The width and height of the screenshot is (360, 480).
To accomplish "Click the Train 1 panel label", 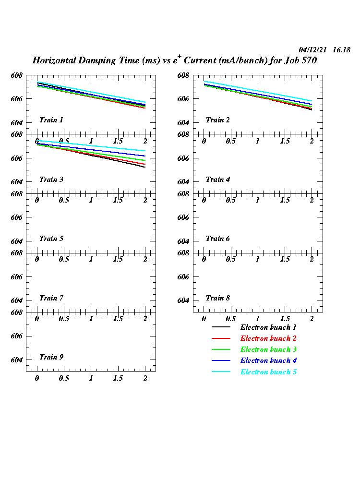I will click(51, 120).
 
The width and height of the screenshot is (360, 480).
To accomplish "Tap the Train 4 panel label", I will click(217, 180).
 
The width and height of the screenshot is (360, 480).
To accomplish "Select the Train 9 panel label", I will click(51, 357).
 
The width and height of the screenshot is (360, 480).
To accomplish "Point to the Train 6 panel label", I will click(217, 239).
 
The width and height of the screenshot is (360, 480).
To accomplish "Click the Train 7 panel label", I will click(51, 298).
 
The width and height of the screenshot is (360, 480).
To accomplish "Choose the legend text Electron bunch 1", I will click(268, 327).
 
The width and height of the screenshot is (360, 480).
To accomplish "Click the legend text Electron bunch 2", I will click(268, 338).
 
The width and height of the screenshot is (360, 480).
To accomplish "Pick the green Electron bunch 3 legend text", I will click(268, 349).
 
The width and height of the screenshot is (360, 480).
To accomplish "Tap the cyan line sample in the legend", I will click(221, 372).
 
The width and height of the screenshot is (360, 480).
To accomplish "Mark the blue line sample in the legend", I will click(221, 360).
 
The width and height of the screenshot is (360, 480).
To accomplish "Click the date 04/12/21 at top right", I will click(313, 50).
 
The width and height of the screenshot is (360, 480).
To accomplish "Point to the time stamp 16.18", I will click(341, 50).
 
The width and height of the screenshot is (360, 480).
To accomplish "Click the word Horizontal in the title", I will click(58, 61).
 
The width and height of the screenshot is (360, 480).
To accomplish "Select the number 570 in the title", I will click(308, 61).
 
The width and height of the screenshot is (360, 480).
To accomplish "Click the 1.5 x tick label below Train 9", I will click(118, 378).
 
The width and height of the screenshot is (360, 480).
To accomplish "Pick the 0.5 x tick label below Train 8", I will click(231, 319).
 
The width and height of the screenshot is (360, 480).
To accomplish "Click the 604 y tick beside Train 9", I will click(17, 360).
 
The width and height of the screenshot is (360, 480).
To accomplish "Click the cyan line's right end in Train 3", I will click(145, 151).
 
